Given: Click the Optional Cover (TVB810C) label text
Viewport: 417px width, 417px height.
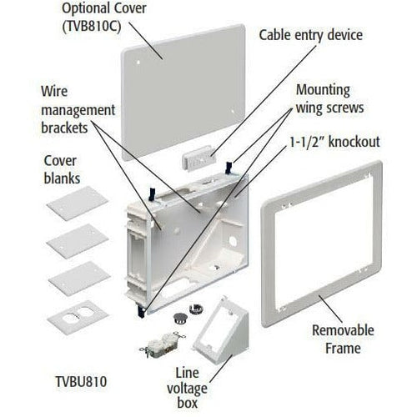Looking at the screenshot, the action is [x=104, y=18].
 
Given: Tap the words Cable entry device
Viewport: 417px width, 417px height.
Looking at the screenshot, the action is [x=311, y=35].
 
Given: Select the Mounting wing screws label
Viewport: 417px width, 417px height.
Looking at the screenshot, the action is [x=329, y=99].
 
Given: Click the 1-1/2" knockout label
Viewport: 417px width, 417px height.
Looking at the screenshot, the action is [x=334, y=142].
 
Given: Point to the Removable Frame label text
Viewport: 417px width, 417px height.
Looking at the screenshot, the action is [x=343, y=339].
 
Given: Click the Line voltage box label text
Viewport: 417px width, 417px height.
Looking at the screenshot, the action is [x=187, y=388].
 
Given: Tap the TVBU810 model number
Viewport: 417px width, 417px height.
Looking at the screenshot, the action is [x=81, y=382].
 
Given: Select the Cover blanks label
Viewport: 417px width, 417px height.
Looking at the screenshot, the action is [x=62, y=169].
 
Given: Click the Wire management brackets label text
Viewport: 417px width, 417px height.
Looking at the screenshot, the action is [x=78, y=110].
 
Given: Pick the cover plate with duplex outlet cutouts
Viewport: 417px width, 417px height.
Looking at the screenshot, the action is [x=78, y=318].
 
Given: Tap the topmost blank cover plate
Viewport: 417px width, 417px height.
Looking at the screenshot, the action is [x=78, y=203].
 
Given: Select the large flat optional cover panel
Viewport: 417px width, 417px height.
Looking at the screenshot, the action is [x=184, y=92].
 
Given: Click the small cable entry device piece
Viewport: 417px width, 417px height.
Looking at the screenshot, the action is [x=198, y=158].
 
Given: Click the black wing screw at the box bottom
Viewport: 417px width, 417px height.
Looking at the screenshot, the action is [x=141, y=310].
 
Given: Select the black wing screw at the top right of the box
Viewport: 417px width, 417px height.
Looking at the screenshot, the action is [x=229, y=168].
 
